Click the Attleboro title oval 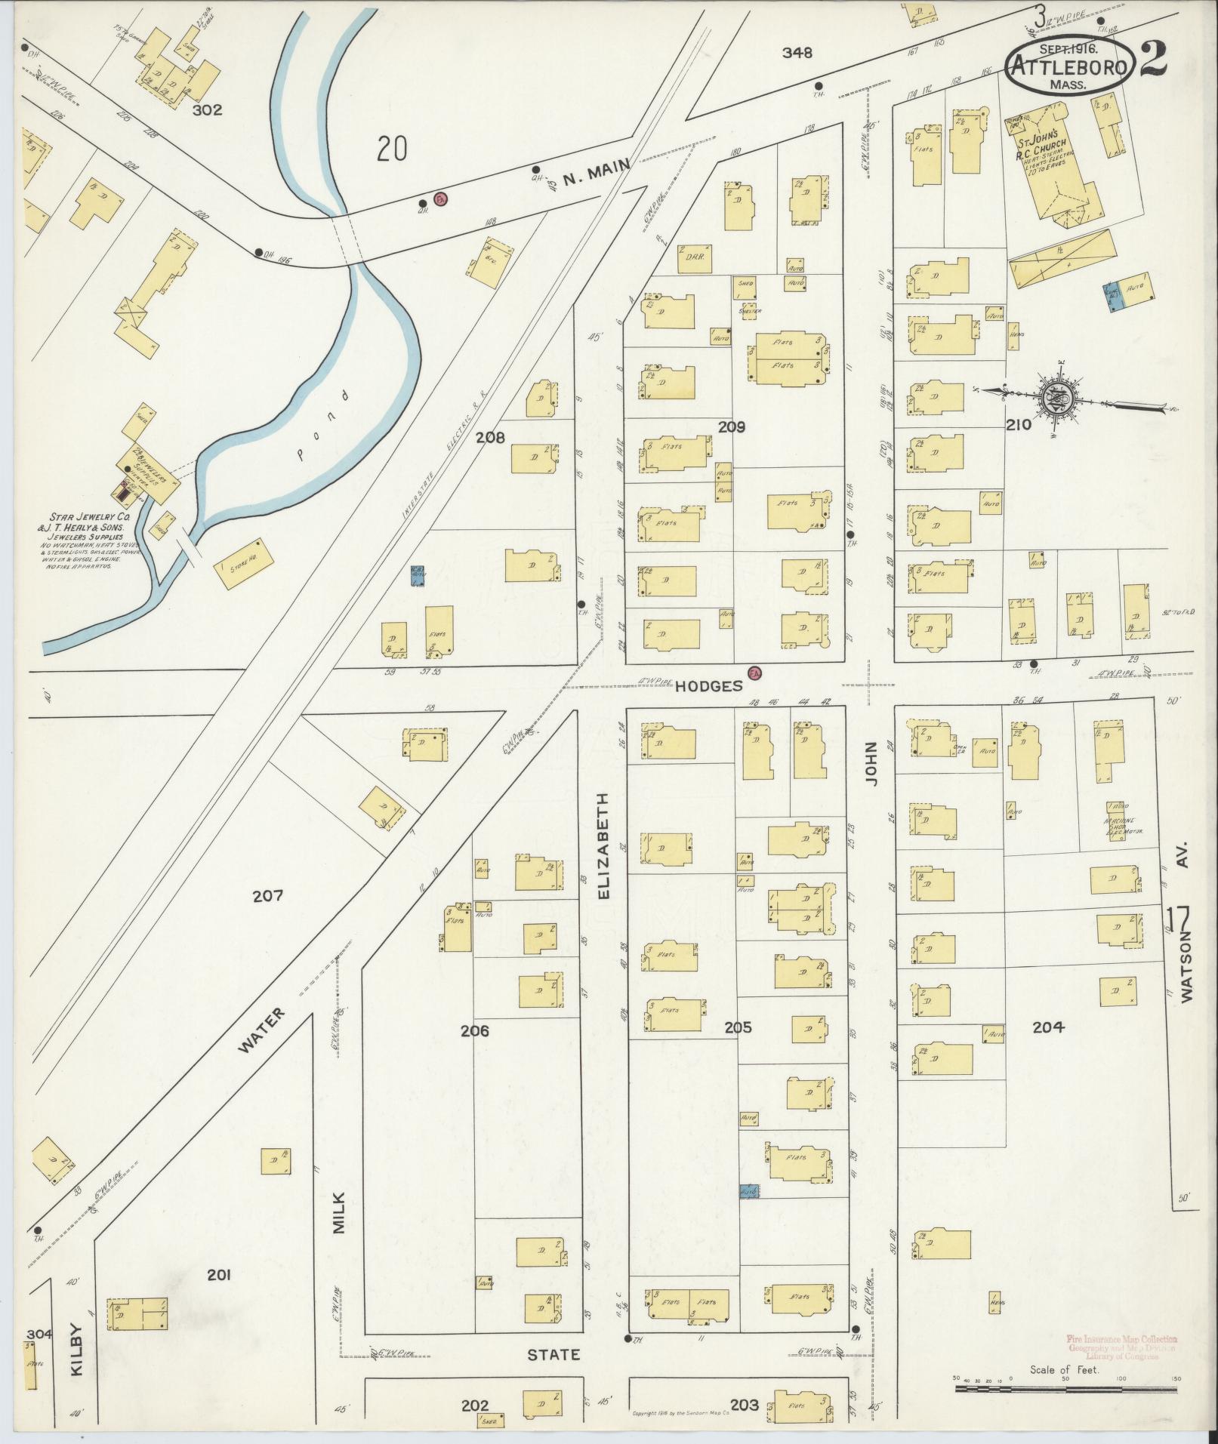coord(1069,66)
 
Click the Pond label coord(322,426)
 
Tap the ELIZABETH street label coord(603,845)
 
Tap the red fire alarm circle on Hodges coord(753,672)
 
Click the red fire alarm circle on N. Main coord(441,199)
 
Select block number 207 coord(267,896)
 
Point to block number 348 coord(797,53)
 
